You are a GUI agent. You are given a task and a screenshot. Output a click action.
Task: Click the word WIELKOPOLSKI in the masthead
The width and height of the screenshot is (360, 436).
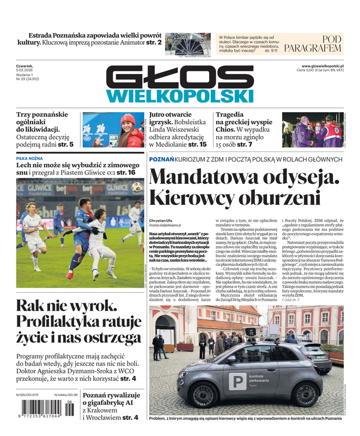173,96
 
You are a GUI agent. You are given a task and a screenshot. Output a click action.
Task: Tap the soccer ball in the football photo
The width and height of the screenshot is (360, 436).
137,187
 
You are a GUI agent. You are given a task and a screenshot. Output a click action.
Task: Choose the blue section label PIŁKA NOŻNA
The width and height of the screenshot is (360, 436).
30,158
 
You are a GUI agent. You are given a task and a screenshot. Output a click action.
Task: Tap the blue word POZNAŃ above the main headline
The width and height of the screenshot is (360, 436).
161,159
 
